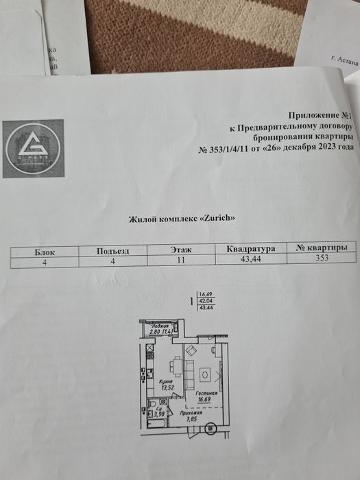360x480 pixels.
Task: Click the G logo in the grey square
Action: tap(32, 147)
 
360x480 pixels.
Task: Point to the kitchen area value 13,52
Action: tap(168, 387)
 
